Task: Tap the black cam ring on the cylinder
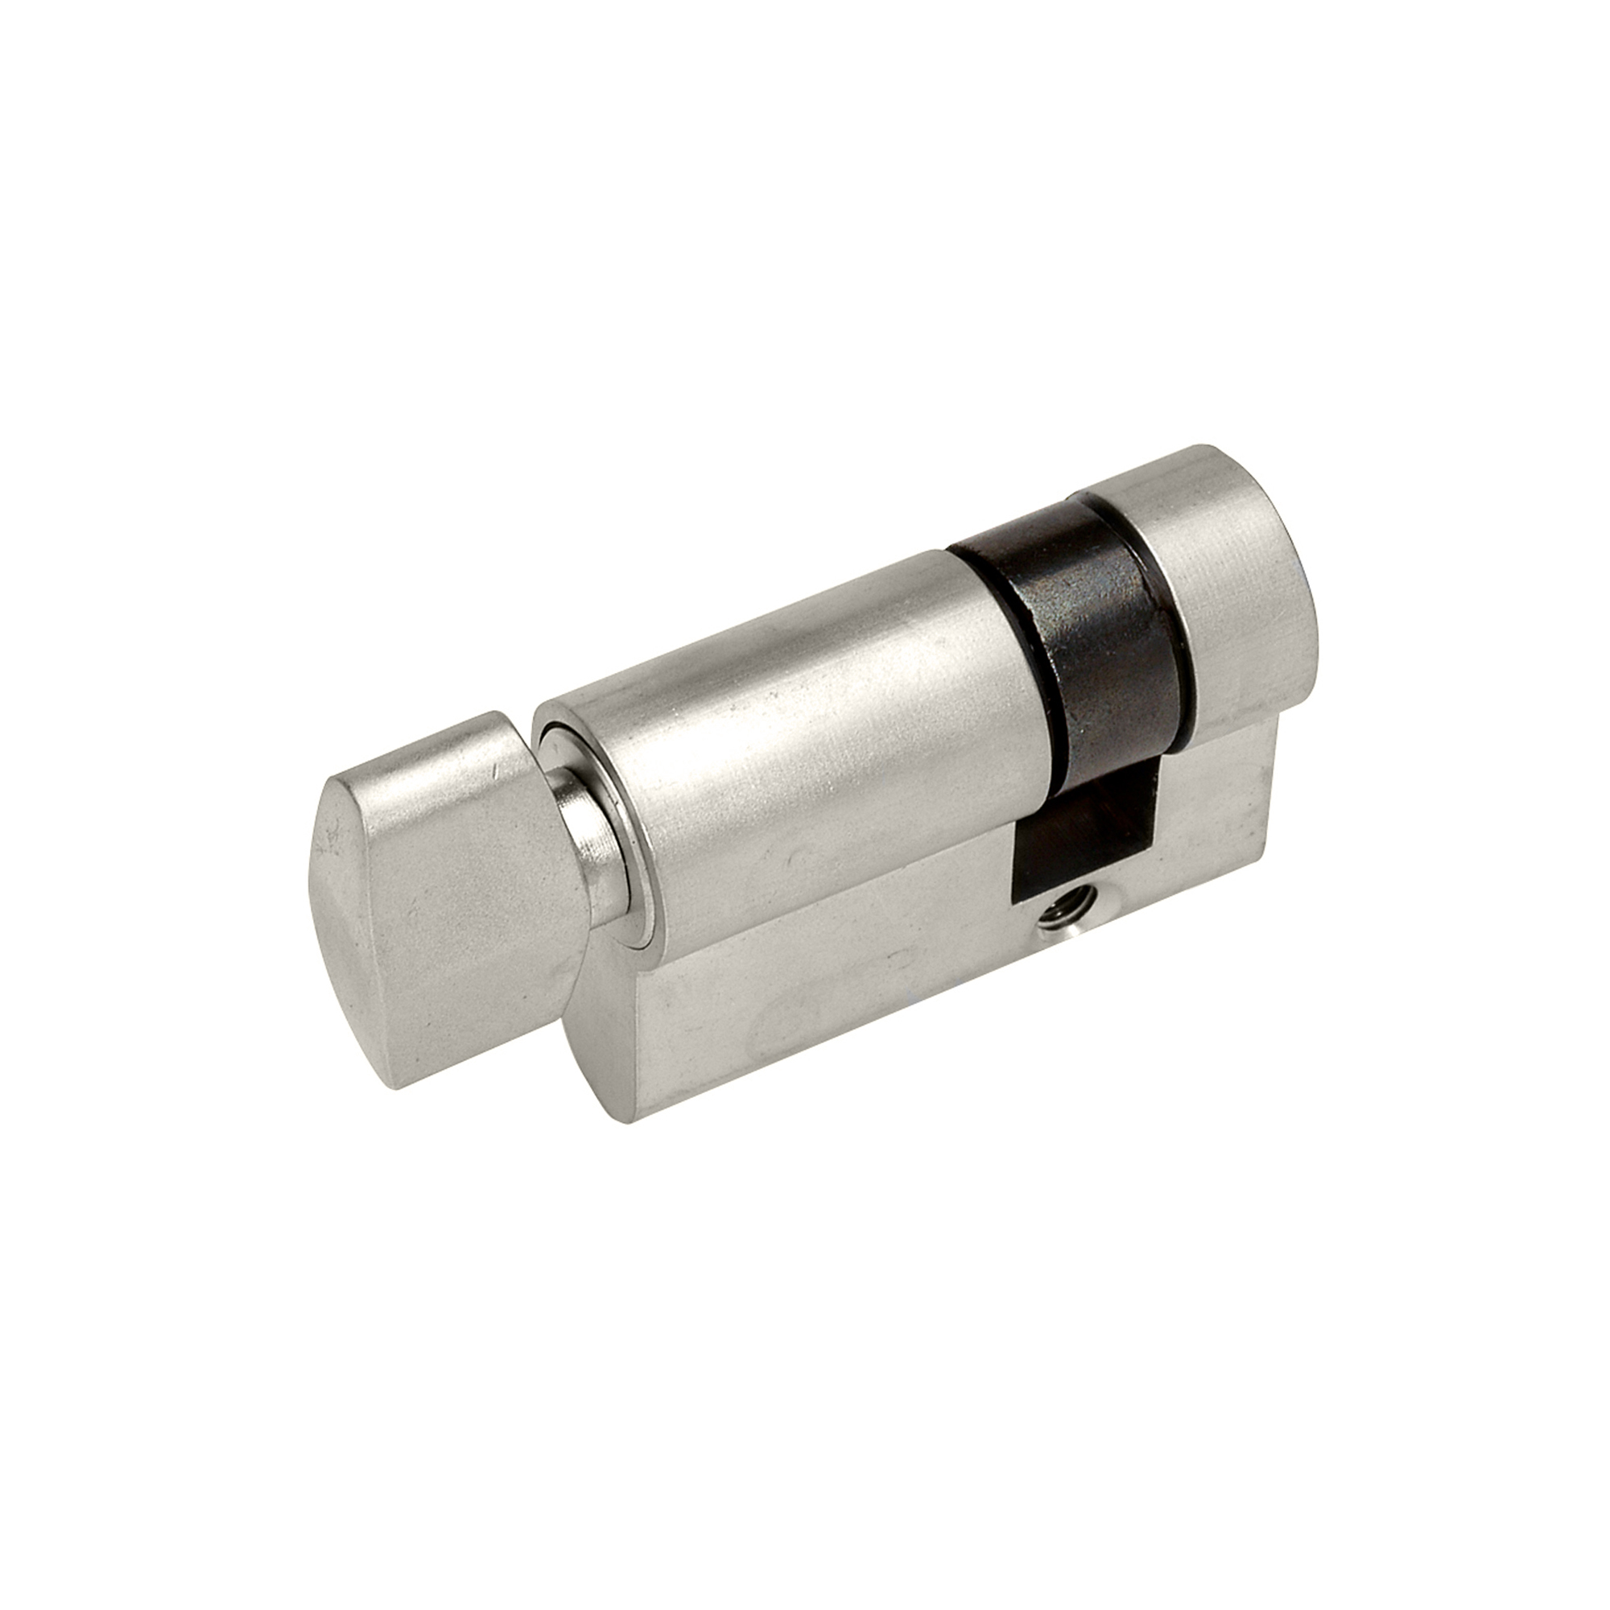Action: point(1084,634)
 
